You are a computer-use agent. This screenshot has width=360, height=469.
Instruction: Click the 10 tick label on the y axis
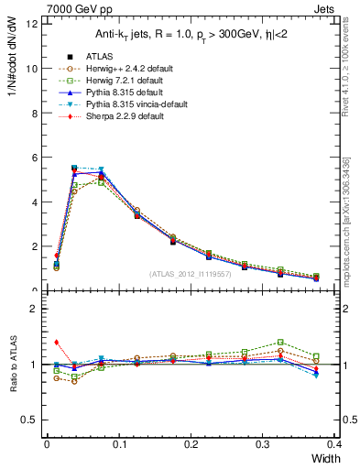pos(32,69)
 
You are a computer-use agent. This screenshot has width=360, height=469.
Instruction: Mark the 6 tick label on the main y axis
pos(34,158)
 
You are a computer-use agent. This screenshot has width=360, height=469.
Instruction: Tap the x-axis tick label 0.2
pos(191,444)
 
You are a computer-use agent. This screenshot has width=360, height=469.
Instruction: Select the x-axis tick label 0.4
pos(334,444)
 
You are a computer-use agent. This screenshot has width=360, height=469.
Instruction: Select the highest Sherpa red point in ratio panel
pos(57,342)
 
